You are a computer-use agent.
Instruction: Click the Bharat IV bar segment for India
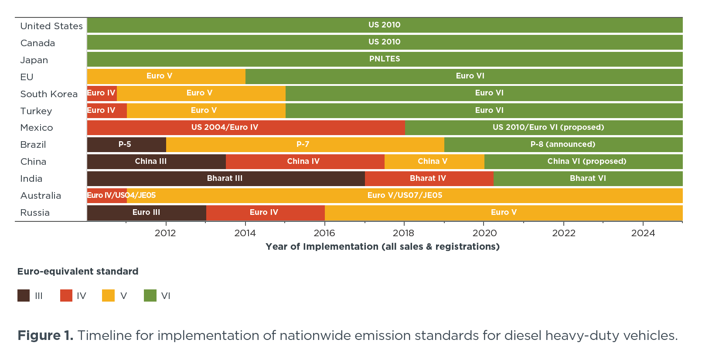(429, 178)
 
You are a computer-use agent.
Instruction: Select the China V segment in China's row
(434, 161)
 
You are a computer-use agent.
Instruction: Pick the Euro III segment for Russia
(147, 212)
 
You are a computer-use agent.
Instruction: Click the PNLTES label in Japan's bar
(384, 59)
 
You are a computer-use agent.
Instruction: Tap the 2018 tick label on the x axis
(403, 233)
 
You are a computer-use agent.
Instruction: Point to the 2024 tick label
(643, 233)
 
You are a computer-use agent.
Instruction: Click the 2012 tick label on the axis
(165, 233)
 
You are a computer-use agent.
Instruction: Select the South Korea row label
(49, 94)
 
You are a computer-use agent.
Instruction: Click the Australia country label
(41, 196)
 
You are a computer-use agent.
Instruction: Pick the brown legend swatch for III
(24, 295)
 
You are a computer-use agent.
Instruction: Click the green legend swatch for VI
(150, 295)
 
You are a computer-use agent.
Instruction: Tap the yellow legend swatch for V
(108, 295)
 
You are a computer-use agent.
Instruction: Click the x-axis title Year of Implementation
(382, 247)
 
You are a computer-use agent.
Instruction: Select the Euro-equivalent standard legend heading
(78, 272)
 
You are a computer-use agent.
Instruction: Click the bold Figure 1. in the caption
(45, 336)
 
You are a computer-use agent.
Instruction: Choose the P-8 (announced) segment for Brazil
(563, 144)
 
